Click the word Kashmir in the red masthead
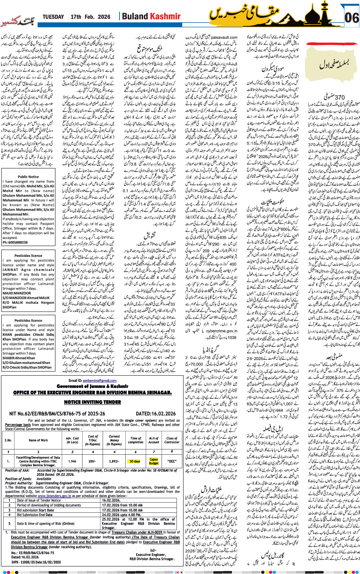(x=165, y=16)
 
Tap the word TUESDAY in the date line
(x=53, y=17)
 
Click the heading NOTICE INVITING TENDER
(x=92, y=402)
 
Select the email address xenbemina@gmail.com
(x=99, y=380)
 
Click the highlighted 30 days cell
(x=135, y=461)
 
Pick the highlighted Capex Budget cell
(x=154, y=461)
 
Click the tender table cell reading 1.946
(x=72, y=461)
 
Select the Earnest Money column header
(x=114, y=440)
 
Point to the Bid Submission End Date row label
(x=35, y=515)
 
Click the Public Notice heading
(x=28, y=177)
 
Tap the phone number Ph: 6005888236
(x=15, y=242)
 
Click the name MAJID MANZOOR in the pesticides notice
(x=17, y=293)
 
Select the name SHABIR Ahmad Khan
(x=19, y=358)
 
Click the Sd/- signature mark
(x=153, y=550)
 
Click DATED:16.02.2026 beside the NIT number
(x=156, y=414)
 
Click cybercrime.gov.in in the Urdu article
(x=221, y=331)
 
